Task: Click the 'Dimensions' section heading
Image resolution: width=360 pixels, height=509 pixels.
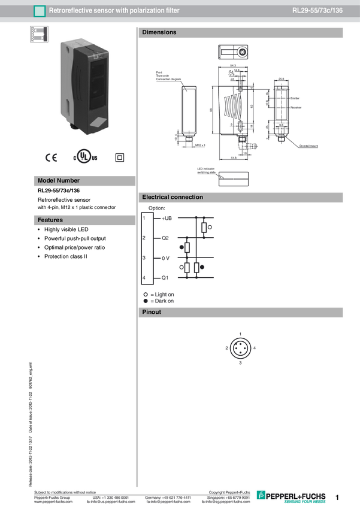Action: [159, 32]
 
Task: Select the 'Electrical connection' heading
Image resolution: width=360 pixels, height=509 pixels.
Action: [172, 197]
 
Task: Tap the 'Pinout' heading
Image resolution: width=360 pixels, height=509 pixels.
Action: [152, 312]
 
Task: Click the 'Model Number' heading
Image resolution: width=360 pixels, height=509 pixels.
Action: [58, 180]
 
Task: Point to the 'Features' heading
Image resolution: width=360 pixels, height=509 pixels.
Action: [50, 220]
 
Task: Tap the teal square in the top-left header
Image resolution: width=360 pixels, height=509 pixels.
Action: [40, 11]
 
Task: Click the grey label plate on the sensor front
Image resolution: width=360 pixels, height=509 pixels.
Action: [98, 125]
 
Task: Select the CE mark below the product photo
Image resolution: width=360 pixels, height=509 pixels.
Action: [52, 158]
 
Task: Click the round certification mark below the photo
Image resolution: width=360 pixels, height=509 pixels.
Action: [84, 158]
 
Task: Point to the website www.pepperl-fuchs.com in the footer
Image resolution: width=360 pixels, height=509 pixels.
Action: [53, 502]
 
